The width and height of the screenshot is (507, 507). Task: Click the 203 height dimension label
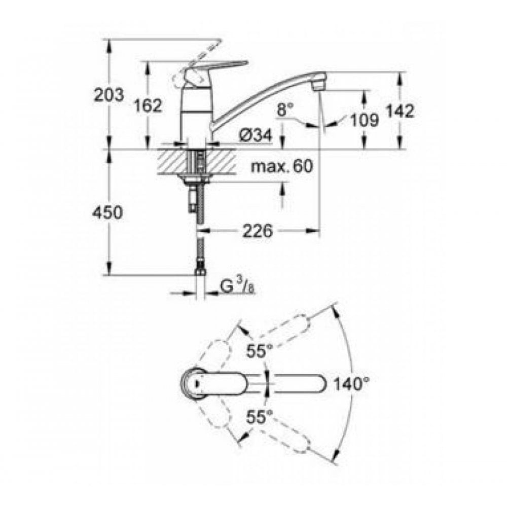coord(109,95)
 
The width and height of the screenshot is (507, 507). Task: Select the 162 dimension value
coord(148,106)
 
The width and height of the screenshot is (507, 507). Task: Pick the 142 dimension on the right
coord(401,111)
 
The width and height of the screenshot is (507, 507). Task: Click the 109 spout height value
coord(364,120)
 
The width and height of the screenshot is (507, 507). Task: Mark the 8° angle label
coord(285,108)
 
